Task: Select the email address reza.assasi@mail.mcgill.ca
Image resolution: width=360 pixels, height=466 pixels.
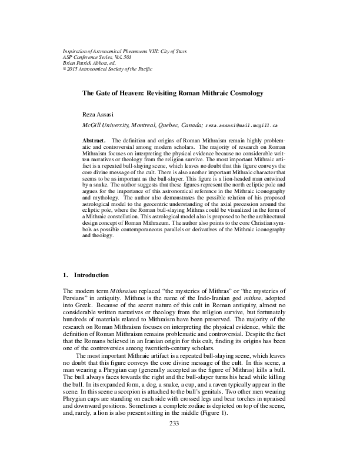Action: pos(242,126)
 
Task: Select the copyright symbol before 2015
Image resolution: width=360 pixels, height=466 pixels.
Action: pos(65,68)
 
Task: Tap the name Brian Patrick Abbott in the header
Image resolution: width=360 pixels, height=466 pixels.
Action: pos(86,63)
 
